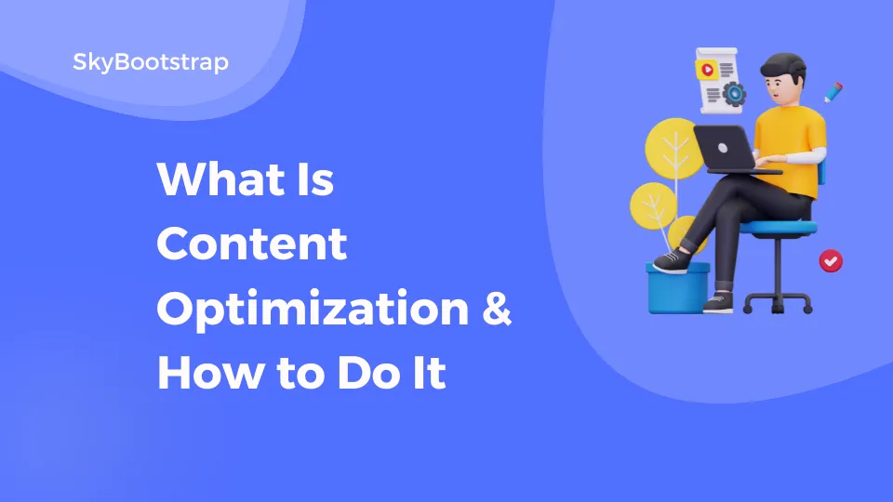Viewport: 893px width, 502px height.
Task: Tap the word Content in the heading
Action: (251, 244)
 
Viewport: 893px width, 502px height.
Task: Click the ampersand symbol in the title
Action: (496, 310)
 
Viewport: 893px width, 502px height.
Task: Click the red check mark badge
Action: (831, 261)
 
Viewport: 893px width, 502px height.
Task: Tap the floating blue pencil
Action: (833, 92)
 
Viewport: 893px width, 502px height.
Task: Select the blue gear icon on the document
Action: (734, 92)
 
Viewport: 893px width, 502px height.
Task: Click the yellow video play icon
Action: (708, 69)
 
